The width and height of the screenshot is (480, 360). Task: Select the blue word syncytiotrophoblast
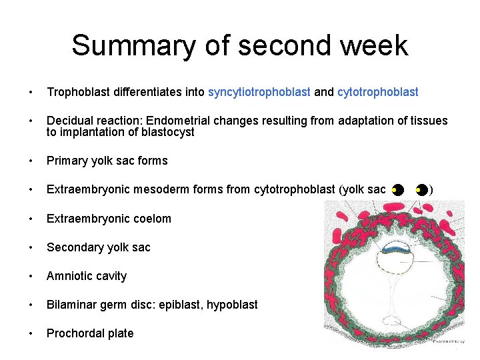click(x=259, y=93)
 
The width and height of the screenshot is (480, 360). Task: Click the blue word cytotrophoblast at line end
click(x=377, y=93)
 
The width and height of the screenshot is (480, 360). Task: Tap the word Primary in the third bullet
click(x=67, y=161)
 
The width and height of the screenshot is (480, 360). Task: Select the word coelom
click(x=152, y=219)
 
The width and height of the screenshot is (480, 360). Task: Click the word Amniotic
click(x=67, y=276)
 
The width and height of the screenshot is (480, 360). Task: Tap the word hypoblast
click(x=232, y=305)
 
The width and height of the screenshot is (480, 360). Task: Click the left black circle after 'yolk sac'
click(x=397, y=191)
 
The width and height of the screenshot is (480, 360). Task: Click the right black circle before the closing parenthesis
click(x=421, y=191)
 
